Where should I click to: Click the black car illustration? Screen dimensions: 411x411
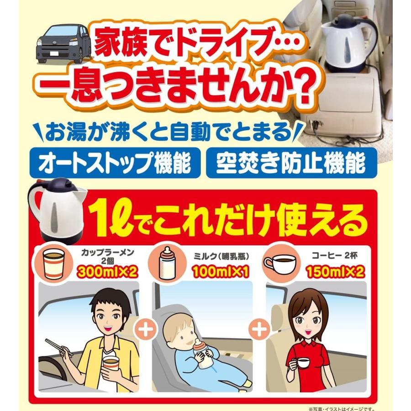[x=62, y=43]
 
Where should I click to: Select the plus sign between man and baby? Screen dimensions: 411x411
[x=147, y=329]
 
